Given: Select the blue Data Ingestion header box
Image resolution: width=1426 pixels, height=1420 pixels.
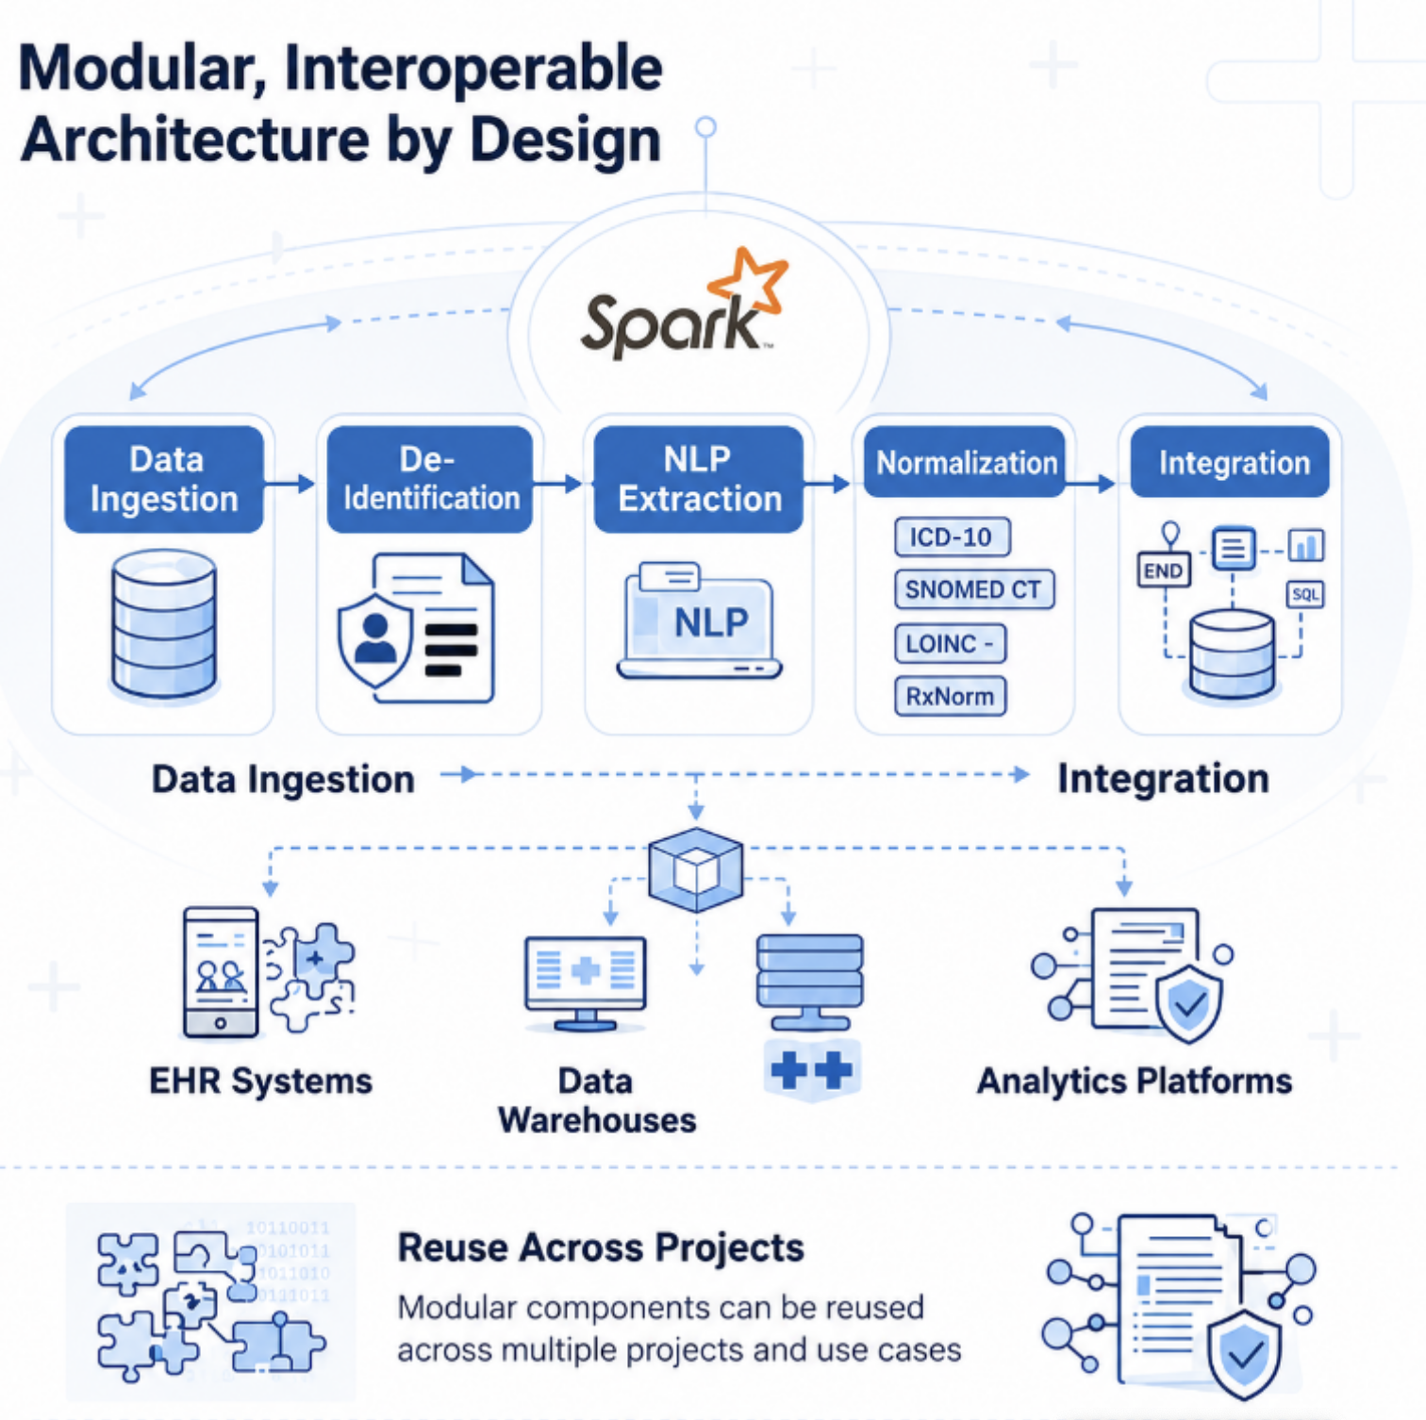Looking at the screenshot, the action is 164,479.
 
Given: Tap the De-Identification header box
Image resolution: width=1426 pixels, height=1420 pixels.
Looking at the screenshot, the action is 430,479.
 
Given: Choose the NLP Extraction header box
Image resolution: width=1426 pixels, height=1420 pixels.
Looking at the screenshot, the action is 699,479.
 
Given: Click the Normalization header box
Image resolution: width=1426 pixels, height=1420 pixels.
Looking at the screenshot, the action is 965,462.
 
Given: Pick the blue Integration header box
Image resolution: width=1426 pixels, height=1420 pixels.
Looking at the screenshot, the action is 1230,462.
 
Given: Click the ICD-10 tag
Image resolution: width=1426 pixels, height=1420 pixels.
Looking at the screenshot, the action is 952,537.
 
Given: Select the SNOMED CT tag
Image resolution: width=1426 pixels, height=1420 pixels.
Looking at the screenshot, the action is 973,589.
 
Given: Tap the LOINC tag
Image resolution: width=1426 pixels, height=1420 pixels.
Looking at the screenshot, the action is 950,644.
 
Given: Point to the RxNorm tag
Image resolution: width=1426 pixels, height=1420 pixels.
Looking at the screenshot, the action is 950,696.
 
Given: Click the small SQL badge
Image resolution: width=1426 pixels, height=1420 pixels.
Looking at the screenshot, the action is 1305,594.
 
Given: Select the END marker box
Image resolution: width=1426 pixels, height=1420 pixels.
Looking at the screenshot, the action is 1163,570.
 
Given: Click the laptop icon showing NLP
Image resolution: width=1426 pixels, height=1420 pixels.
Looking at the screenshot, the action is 700,620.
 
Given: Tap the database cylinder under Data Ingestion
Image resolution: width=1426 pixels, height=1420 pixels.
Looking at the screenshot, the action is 164,624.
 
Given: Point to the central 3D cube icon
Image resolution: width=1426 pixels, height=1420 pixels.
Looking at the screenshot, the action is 696,869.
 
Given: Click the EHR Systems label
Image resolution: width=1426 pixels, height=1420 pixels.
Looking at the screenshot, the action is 261,1081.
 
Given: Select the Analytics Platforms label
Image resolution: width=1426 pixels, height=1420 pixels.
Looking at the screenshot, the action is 1135,1081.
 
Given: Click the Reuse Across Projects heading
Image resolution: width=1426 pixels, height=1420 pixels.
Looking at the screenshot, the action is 601,1247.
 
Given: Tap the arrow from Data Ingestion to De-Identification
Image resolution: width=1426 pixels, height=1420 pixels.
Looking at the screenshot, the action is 289,484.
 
